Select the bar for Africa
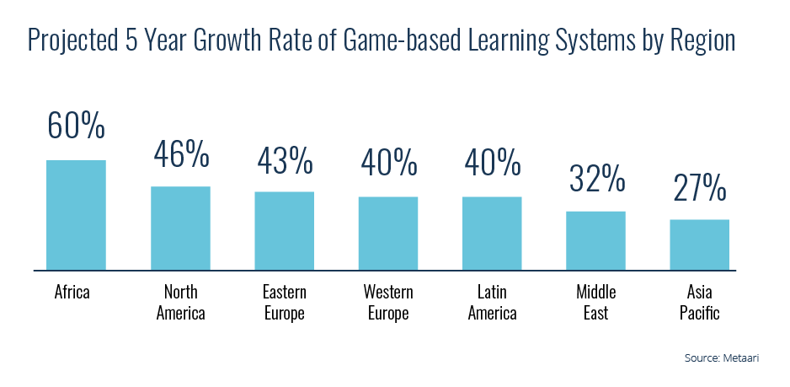pos(76,215)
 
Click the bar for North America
pos(180,228)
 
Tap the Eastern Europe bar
pos(284,231)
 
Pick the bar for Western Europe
pos(388,234)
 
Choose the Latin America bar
pos(492,234)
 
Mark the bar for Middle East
pos(595,240)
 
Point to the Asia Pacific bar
pos(700,245)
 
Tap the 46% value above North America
pos(180,153)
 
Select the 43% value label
pos(284,159)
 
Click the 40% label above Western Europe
pos(388,164)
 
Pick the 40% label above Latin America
pos(492,164)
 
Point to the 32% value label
pos(595,179)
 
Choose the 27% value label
pos(700,188)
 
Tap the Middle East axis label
pos(595,303)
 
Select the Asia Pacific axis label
pos(700,303)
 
